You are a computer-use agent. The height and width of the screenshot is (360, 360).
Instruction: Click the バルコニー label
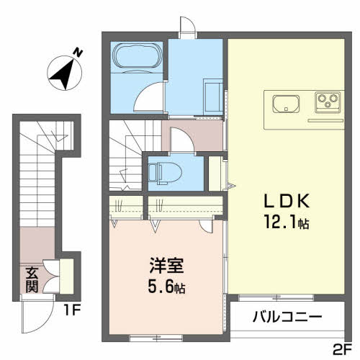coord(287,316)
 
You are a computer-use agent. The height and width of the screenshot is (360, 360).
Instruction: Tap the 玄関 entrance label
coord(32,279)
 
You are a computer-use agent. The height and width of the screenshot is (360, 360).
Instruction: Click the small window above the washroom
coord(188,26)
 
